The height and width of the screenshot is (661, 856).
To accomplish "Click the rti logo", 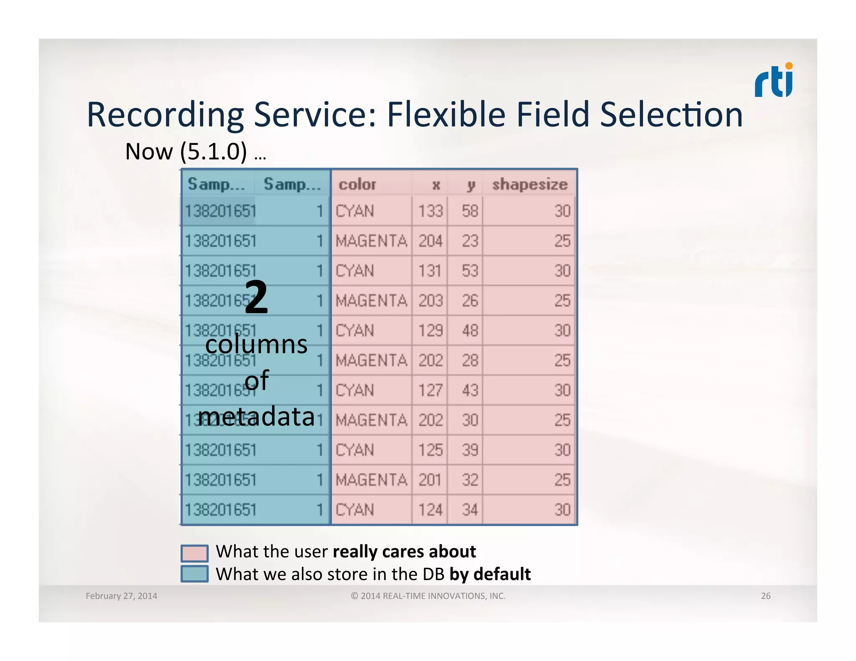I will (x=773, y=81).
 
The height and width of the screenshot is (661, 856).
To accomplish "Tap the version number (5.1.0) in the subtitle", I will (x=214, y=151).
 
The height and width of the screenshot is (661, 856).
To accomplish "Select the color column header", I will (x=357, y=184).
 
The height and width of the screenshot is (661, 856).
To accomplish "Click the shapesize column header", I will (x=530, y=184).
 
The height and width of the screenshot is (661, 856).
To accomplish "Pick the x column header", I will (x=436, y=185).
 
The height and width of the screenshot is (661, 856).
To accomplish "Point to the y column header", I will (x=471, y=185).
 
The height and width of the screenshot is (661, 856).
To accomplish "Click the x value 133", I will (x=431, y=211).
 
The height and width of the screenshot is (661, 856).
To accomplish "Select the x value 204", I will (x=431, y=241).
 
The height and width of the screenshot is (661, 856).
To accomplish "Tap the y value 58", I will (x=470, y=211).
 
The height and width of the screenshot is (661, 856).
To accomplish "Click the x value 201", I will (x=430, y=480).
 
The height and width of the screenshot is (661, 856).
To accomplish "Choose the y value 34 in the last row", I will (x=470, y=510).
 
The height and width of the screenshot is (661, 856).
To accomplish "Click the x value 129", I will (x=431, y=330).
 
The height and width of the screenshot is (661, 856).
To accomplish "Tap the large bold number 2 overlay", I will (x=256, y=297).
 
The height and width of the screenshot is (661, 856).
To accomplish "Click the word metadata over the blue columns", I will (x=256, y=417).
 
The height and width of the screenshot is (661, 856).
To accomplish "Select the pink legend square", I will (x=194, y=553).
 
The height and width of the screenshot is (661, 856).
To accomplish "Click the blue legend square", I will (x=194, y=574).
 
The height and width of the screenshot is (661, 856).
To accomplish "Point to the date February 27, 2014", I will (x=121, y=596).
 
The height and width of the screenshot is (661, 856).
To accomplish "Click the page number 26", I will (x=765, y=596).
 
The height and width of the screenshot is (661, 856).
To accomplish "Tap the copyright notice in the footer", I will (x=428, y=596).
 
